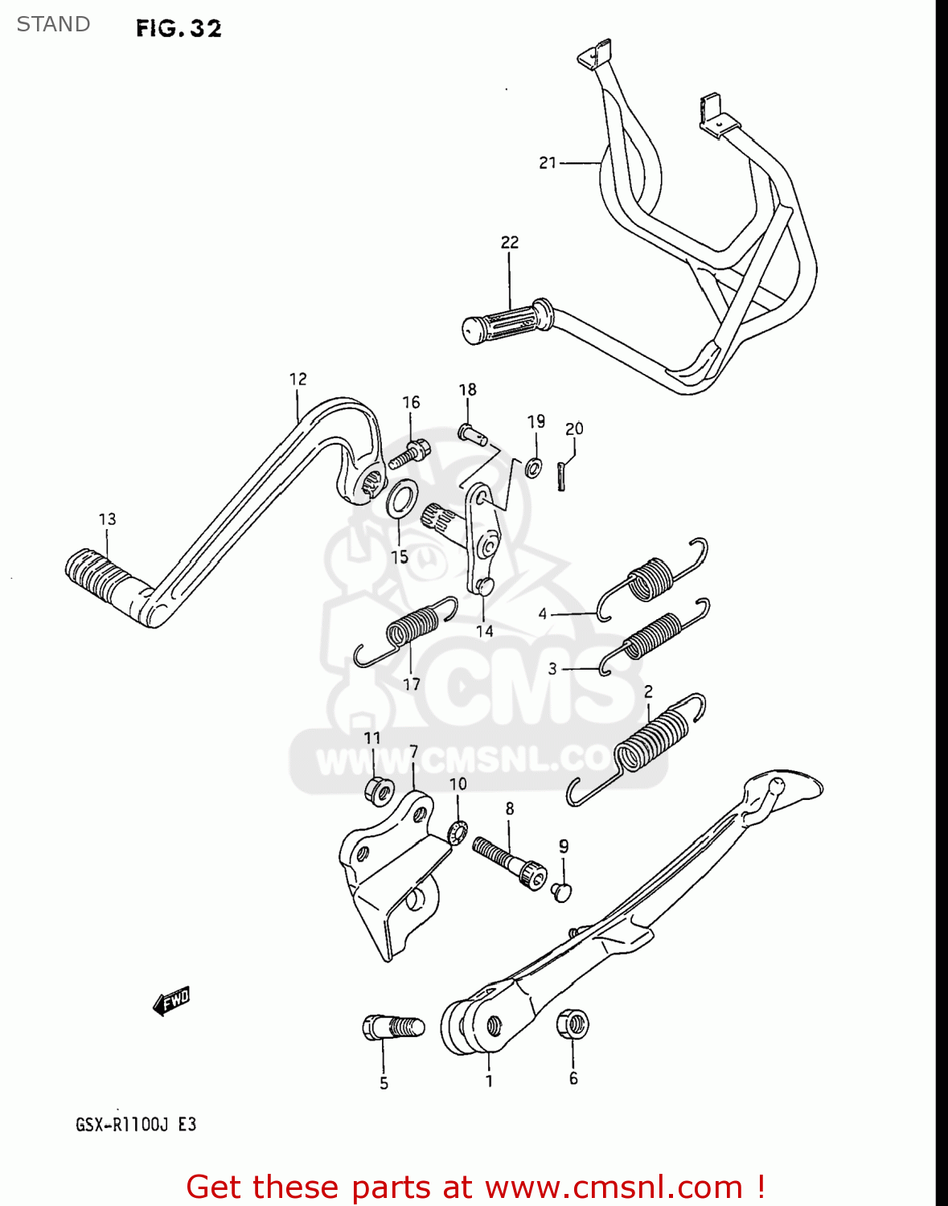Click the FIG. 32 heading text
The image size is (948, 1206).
pyautogui.click(x=179, y=28)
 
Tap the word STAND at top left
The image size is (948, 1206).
pyautogui.click(x=53, y=24)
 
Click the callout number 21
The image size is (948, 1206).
pyautogui.click(x=548, y=163)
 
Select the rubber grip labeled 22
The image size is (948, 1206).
pyautogui.click(x=507, y=321)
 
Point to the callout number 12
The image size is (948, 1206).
pyautogui.click(x=298, y=379)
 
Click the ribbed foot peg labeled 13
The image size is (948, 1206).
pyautogui.click(x=97, y=574)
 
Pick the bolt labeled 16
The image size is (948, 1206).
pyautogui.click(x=409, y=455)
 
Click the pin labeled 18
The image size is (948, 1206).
pyautogui.click(x=472, y=434)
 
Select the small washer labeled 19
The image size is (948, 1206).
pyautogui.click(x=533, y=467)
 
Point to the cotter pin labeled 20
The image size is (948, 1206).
pyautogui.click(x=564, y=474)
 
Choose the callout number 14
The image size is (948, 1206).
pyautogui.click(x=484, y=631)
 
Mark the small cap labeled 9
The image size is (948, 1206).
pyautogui.click(x=562, y=891)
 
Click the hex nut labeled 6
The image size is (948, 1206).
pyautogui.click(x=572, y=1025)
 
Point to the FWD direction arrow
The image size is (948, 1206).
pyautogui.click(x=171, y=1002)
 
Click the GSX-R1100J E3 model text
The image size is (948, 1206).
pyautogui.click(x=136, y=1124)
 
